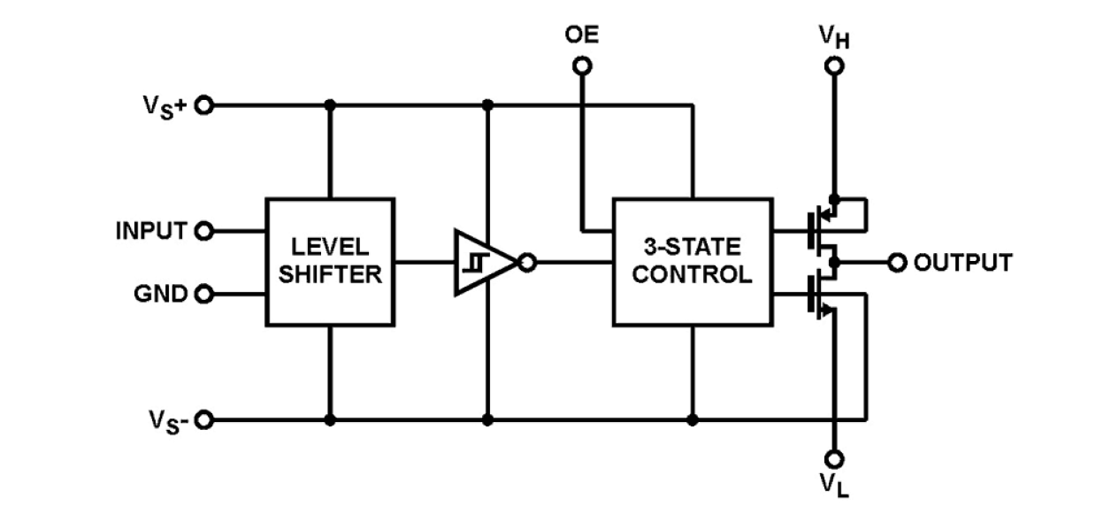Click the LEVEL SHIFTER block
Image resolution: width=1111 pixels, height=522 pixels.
coord(330,262)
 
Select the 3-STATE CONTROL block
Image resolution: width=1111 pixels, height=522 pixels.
coord(693,262)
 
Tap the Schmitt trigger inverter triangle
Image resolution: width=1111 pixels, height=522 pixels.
coord(481,263)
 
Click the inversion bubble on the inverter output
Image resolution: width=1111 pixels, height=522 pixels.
coord(527,263)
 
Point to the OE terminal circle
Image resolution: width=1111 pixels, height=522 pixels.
coord(582,65)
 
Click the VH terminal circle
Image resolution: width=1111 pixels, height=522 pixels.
coord(833,65)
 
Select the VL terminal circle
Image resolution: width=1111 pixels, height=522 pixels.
coord(833,458)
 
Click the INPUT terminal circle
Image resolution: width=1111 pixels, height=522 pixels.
coord(204,232)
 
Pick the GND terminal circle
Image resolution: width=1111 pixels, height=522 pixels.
coord(204,294)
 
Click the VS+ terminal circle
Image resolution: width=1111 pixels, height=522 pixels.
coord(204,105)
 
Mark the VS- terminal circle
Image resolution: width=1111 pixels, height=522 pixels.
coord(204,419)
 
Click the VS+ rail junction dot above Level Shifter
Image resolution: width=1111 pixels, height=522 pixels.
coord(330,105)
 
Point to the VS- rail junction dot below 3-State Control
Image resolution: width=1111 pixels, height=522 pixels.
coord(693,419)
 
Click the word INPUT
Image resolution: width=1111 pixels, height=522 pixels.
coord(151,232)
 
